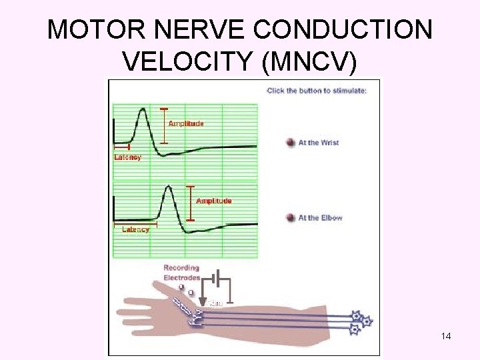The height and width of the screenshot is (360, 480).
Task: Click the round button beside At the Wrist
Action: (290, 143)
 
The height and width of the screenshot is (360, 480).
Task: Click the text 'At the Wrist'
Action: (319, 143)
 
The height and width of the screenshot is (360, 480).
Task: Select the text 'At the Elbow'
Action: (320, 218)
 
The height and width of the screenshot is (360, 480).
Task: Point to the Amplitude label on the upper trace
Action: (186, 123)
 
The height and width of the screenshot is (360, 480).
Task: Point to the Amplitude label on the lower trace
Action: (213, 201)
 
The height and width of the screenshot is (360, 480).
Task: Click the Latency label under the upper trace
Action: (127, 158)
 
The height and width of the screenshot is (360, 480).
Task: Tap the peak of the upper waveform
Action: (141, 109)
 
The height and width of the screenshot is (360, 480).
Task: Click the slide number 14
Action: (446, 337)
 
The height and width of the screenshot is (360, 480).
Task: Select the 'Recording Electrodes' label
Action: (181, 273)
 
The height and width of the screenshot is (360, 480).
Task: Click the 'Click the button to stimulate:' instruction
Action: (316, 91)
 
